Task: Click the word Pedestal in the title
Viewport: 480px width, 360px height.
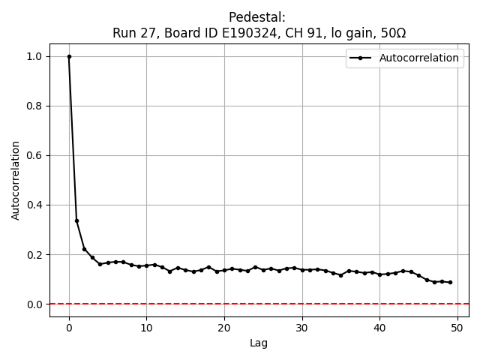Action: (259, 17)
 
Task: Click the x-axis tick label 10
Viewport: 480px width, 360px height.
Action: (146, 328)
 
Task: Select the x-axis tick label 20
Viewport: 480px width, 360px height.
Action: (224, 328)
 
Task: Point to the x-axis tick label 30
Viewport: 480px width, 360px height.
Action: (302, 328)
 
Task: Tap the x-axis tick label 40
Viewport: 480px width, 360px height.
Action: (379, 328)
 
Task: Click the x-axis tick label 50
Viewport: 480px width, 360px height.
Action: (457, 328)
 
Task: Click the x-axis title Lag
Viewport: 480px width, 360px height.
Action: (259, 343)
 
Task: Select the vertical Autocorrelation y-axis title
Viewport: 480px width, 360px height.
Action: (16, 180)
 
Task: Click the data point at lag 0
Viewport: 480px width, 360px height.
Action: (69, 56)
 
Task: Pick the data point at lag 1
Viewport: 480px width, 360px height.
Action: (76, 220)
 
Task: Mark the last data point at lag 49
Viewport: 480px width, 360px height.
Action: (450, 282)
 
